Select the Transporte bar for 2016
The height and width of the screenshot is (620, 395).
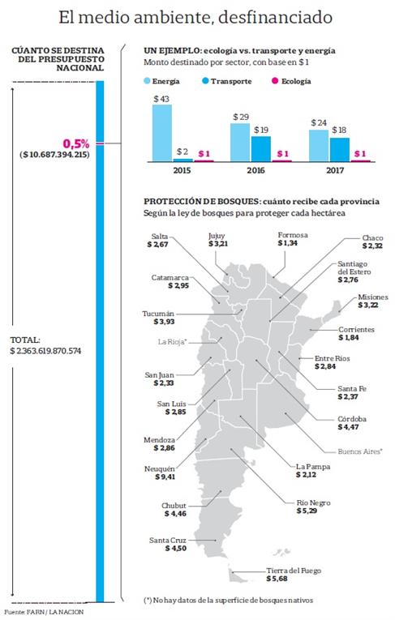pos(260,149)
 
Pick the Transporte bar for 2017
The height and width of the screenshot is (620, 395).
pos(340,150)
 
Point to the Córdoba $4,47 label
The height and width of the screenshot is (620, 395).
pos(353,423)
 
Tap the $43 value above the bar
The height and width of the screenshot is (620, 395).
pos(161,99)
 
